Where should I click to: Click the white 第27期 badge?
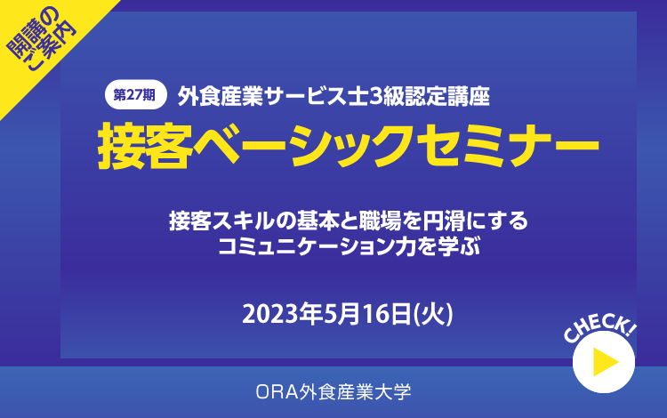135,95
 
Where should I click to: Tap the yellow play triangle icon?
606,362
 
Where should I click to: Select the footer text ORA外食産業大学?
333,391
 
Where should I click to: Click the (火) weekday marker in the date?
433,315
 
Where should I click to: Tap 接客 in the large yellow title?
143,146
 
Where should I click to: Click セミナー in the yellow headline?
508,146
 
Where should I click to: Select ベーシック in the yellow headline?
302,146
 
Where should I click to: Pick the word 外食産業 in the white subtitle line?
220,97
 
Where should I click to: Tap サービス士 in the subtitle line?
316,97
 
